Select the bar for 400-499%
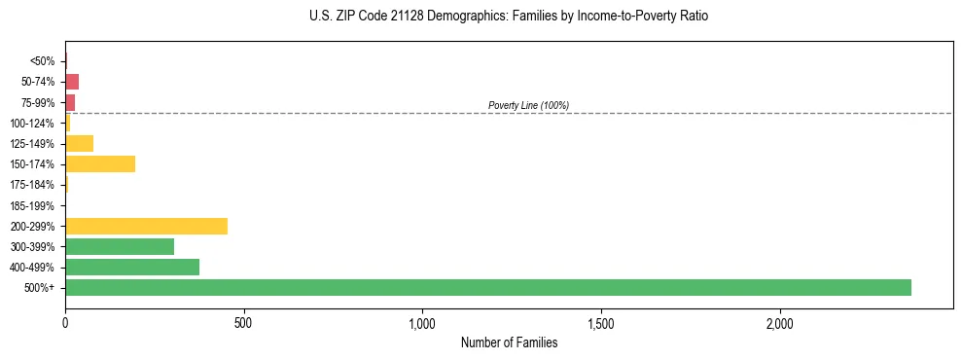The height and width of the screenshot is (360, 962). point(132,267)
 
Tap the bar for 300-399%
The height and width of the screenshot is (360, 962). point(120,246)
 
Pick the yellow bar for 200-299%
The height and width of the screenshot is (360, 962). point(146,226)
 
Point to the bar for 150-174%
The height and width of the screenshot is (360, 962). point(100,163)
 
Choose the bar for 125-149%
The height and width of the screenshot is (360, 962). point(79,143)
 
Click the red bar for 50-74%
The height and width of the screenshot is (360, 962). point(72,82)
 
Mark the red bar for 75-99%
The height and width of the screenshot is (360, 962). point(70,102)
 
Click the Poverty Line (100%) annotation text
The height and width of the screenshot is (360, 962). point(528,105)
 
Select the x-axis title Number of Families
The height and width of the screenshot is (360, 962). point(509,342)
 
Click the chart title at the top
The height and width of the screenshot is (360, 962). point(509,17)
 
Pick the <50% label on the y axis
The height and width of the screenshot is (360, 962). point(43,61)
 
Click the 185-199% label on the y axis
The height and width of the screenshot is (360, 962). point(33,205)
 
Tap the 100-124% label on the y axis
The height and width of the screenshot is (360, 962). point(33,123)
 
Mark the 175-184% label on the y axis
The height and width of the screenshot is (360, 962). point(33,185)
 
